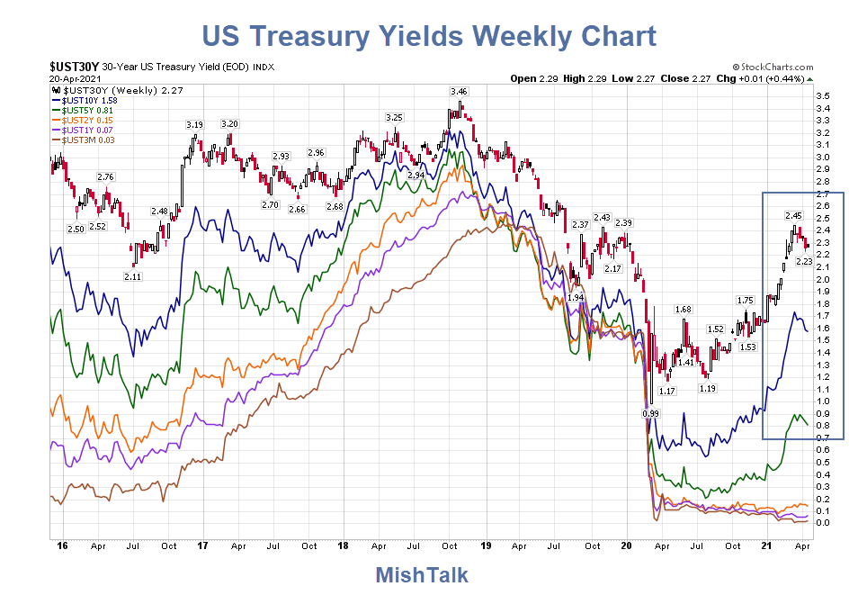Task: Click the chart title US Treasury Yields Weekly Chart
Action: (x=429, y=36)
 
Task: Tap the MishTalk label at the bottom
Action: (x=421, y=575)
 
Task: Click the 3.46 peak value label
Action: (x=459, y=92)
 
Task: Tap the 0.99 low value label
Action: (x=650, y=412)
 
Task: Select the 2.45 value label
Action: (x=793, y=215)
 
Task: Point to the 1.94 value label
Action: (x=576, y=297)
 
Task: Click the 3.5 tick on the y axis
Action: (x=821, y=96)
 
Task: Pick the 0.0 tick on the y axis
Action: (x=821, y=522)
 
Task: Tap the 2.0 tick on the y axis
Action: (x=821, y=279)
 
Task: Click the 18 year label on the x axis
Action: (x=344, y=545)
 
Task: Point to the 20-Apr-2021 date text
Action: (x=75, y=78)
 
